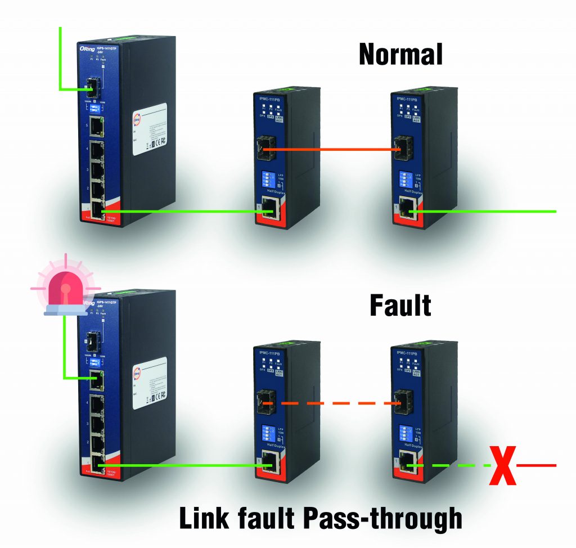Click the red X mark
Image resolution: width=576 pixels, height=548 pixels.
pos(503,465)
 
